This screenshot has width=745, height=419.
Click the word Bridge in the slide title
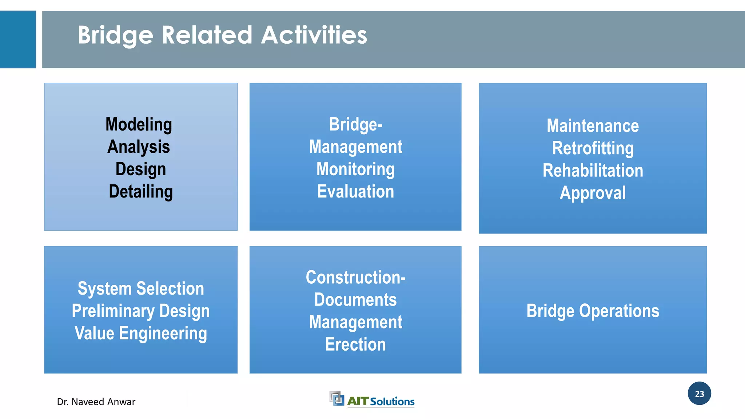coord(115,35)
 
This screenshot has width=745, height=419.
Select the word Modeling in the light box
coord(139,124)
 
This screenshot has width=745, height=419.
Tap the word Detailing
coord(141,192)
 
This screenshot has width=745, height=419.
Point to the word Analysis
coord(139,147)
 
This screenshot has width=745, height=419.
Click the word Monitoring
coord(355,169)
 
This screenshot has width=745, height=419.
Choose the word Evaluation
coord(355,192)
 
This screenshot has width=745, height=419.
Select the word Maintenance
coord(593,126)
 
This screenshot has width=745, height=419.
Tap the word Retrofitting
coord(593,148)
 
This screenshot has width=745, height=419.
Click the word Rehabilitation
coord(593,171)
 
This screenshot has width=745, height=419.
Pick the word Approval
coord(593,193)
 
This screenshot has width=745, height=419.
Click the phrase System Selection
coord(141,289)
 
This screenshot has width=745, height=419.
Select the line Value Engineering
coord(141,334)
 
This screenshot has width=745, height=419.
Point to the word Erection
coord(355,344)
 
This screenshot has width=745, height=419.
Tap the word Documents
coord(355,300)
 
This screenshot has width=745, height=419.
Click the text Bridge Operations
coord(593,311)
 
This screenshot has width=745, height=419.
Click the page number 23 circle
coord(699,394)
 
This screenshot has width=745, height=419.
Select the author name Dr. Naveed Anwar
coord(96,402)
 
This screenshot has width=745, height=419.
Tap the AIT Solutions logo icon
coord(336,399)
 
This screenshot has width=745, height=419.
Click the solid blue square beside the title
coord(18,39)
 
